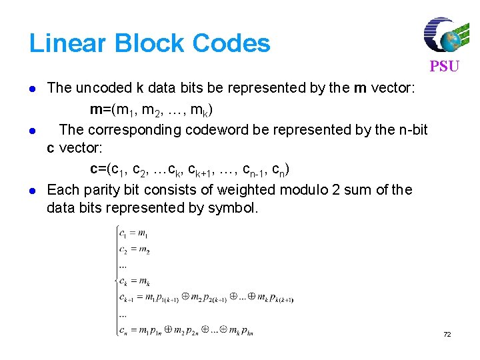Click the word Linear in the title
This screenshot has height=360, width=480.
[69, 44]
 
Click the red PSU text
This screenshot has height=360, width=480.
[444, 67]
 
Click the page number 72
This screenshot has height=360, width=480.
[447, 334]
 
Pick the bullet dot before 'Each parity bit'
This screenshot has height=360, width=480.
[33, 191]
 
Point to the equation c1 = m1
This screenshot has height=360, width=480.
[134, 233]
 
